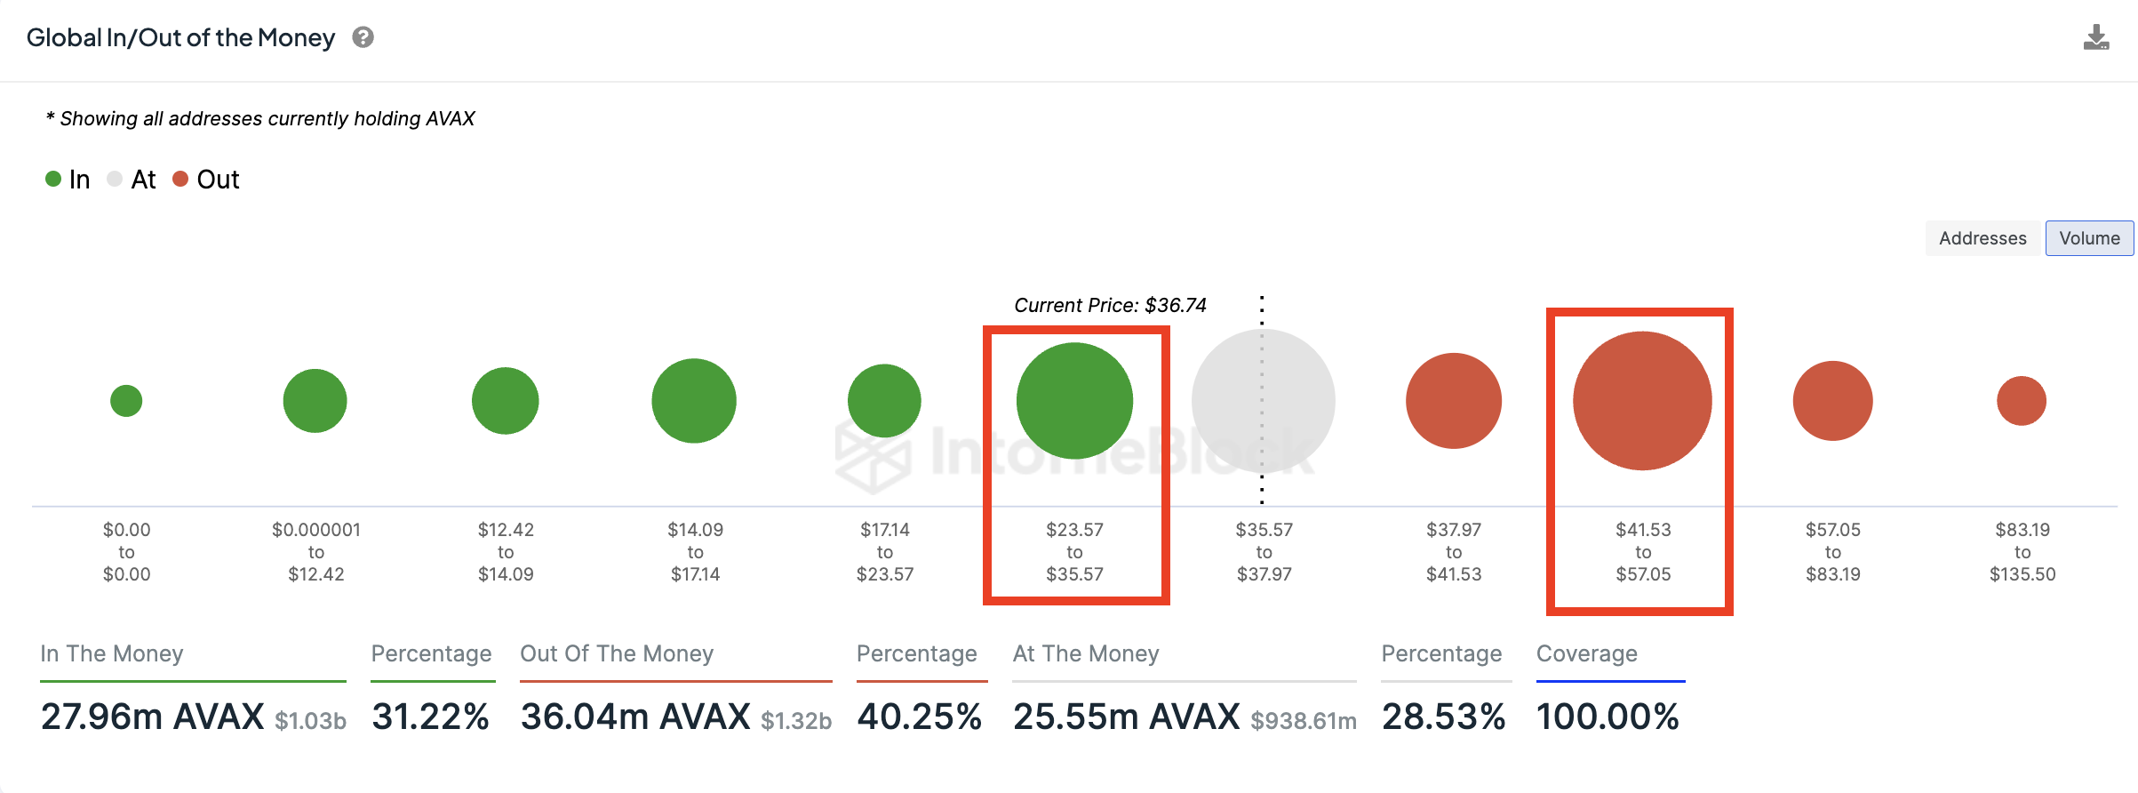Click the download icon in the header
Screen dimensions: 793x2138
coord(2096,37)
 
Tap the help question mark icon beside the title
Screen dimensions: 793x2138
coord(363,37)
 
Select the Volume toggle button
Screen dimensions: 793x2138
coord(2089,238)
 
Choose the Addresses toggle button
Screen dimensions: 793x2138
coord(1982,238)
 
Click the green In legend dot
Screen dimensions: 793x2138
coord(53,179)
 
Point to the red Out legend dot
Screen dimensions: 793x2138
coord(180,179)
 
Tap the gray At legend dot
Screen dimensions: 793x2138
coord(115,179)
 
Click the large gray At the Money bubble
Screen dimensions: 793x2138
coord(1263,401)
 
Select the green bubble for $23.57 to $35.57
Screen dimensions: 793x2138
coord(1074,401)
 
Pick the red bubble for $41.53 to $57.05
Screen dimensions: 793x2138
coord(1642,401)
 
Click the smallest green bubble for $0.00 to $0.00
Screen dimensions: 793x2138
coord(126,401)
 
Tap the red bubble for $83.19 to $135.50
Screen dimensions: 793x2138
coord(2022,401)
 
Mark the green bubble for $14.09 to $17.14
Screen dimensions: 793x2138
coord(694,401)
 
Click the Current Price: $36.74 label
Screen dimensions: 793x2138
coord(1110,306)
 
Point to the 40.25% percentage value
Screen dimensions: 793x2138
coord(920,717)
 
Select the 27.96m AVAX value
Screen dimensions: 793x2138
coord(153,717)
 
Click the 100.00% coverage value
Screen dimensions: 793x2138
coord(1607,717)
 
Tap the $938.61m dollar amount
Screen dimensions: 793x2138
coord(1304,721)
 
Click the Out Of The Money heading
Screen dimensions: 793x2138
coord(617,653)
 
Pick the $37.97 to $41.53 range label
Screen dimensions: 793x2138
coord(1454,552)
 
